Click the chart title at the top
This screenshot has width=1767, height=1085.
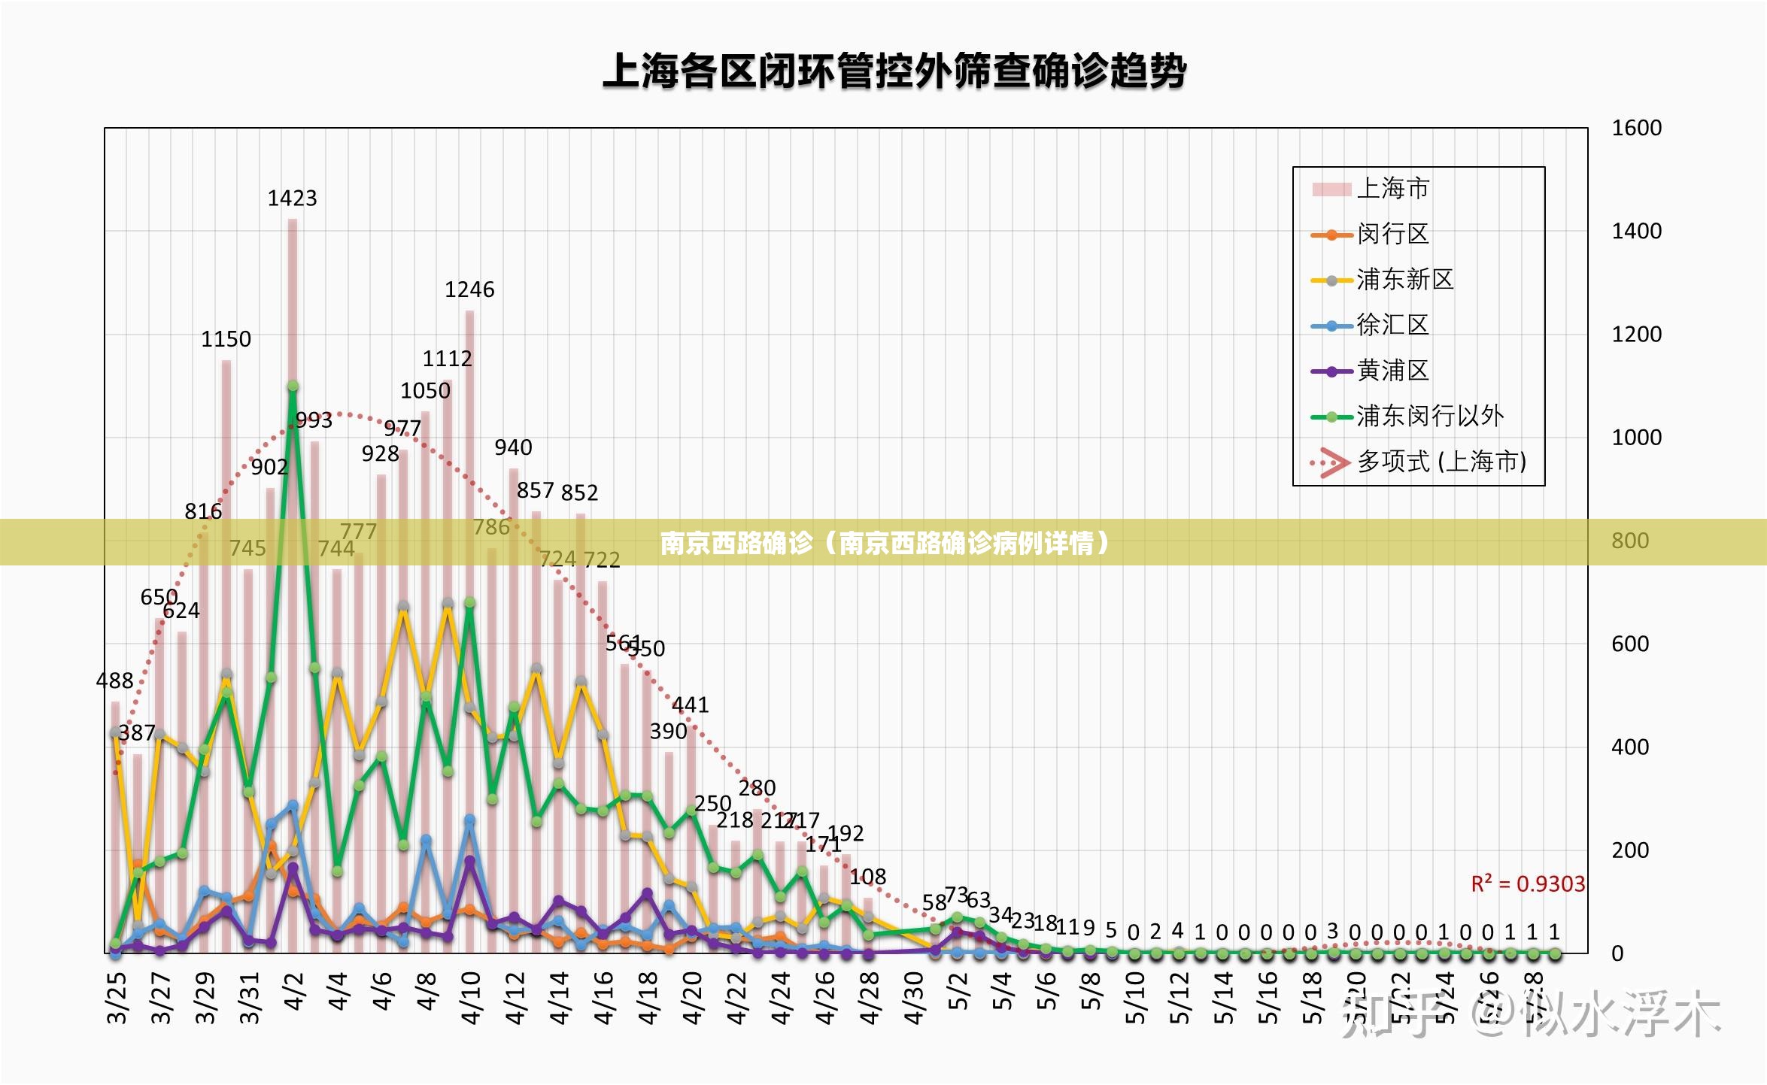[x=894, y=72]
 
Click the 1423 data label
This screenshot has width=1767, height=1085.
[x=292, y=199]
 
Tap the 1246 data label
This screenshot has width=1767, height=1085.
[x=469, y=290]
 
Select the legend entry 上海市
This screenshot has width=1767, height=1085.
[x=1392, y=188]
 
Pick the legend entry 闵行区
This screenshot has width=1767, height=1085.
[x=1392, y=234]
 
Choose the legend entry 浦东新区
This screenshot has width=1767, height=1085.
[x=1404, y=280]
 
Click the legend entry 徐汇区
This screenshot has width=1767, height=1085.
[x=1392, y=325]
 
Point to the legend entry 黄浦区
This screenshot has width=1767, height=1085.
[x=1392, y=371]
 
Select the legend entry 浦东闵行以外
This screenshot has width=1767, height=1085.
[x=1429, y=416]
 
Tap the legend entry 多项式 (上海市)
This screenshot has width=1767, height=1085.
[x=1441, y=462]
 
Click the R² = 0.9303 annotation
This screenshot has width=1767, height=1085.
[x=1528, y=883]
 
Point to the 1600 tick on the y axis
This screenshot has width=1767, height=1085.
[x=1636, y=128]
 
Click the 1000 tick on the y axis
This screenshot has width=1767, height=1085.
[x=1636, y=438]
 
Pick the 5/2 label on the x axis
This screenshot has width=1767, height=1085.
[x=958, y=990]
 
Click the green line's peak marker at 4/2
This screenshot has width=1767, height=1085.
[x=293, y=386]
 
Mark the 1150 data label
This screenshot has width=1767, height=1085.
[x=226, y=339]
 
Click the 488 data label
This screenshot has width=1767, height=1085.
[x=114, y=681]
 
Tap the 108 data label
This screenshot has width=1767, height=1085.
[x=867, y=877]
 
